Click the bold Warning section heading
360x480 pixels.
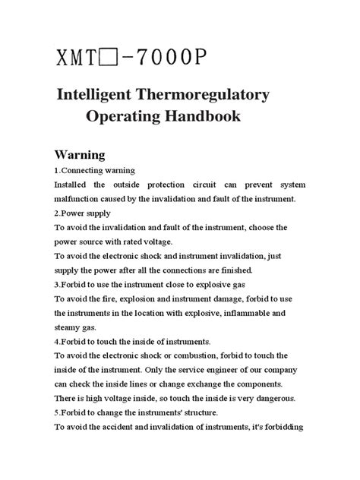(x=86, y=154)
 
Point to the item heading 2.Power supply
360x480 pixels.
(x=87, y=213)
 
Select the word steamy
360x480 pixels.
(x=69, y=327)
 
